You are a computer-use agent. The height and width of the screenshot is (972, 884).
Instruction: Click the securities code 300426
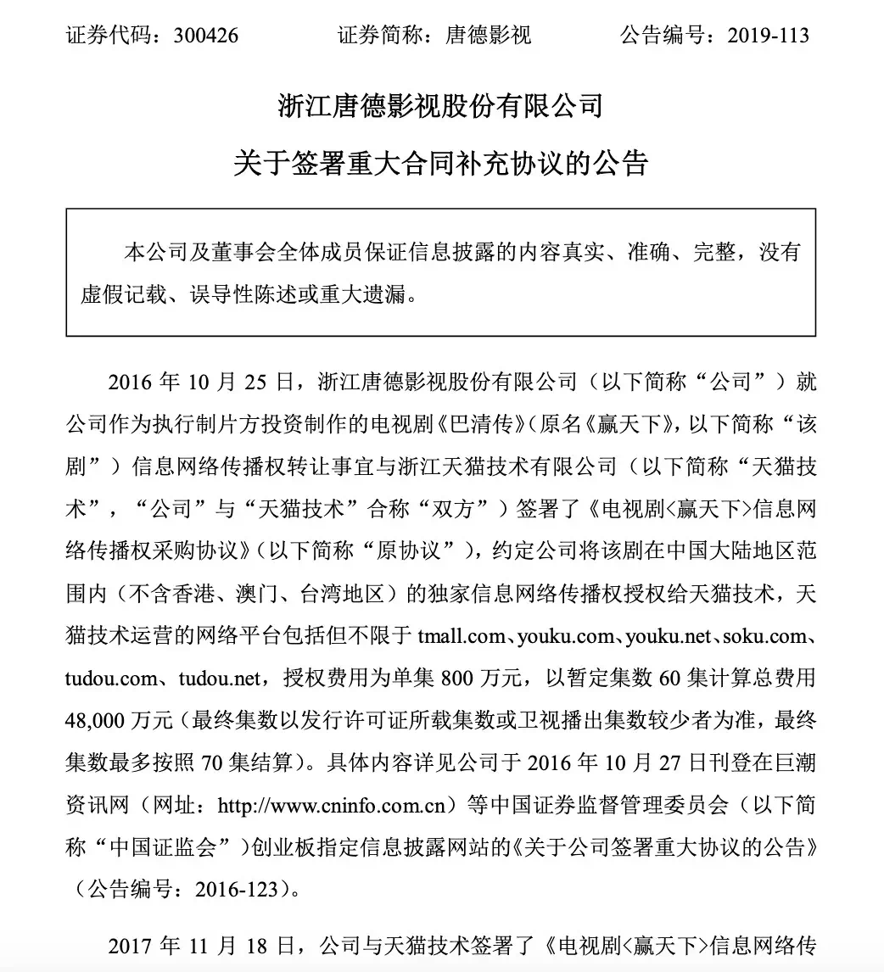click(x=204, y=35)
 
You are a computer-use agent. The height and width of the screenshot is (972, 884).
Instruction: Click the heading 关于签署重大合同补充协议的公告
click(x=441, y=162)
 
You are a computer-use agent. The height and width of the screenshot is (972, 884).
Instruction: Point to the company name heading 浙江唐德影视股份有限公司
click(x=441, y=106)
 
